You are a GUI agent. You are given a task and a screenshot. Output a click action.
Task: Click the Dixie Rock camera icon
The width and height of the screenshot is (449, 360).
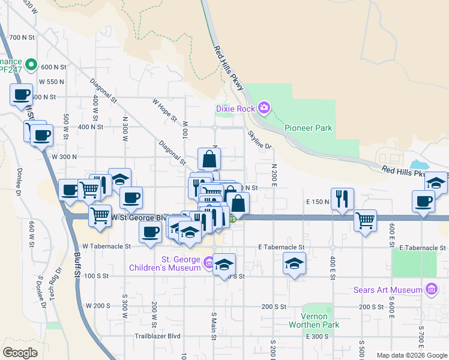264,108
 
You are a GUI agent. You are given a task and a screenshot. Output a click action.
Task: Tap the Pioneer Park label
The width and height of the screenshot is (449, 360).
308,128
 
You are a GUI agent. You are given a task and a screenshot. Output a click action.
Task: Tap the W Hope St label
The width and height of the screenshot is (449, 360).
165,110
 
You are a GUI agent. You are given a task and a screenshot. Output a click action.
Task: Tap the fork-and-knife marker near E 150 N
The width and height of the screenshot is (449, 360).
342,199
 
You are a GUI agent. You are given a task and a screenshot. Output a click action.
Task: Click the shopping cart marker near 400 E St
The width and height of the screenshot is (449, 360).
365,220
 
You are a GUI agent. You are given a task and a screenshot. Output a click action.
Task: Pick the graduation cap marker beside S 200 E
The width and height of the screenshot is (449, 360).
294,263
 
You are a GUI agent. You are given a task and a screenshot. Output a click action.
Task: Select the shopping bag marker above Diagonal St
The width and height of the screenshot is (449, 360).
209,159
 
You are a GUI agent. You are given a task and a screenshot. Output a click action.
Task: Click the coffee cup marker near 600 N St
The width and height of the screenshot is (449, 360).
22,94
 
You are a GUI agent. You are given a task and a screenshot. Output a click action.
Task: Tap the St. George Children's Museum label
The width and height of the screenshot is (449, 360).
180,263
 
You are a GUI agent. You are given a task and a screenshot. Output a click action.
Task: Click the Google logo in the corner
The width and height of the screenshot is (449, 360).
20,353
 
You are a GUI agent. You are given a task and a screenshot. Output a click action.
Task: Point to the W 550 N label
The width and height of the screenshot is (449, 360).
52,82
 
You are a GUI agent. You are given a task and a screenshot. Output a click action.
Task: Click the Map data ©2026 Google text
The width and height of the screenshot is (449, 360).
412,355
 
